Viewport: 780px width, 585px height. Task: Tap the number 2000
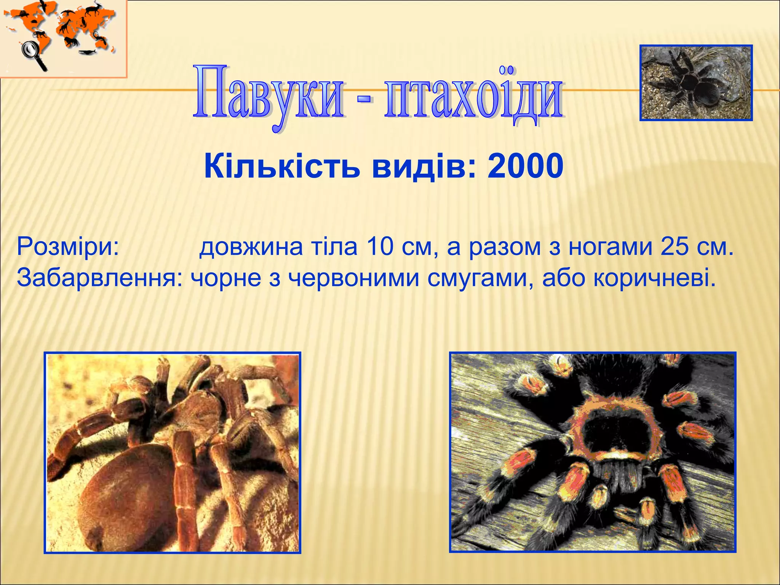tap(525, 166)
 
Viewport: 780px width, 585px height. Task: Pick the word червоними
tap(354, 278)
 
